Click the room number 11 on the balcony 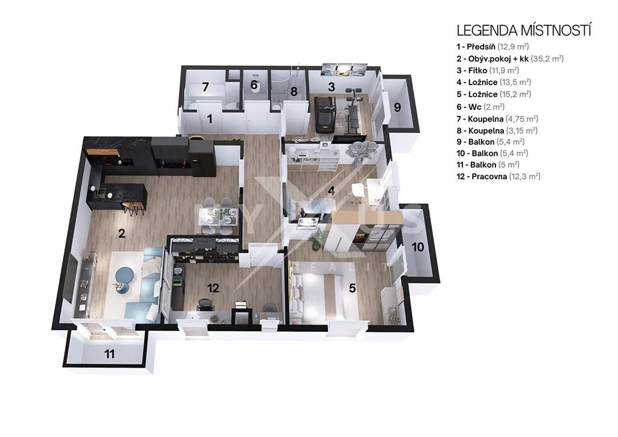point(109,354)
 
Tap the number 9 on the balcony point(397,107)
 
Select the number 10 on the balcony point(418,247)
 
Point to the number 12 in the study point(213,288)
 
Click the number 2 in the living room point(122,233)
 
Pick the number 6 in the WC point(254,85)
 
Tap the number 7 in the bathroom point(205,87)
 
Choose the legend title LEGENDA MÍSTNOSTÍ point(524,30)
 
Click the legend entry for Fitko point(488,71)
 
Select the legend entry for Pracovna point(499,176)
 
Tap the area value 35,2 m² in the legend point(547,59)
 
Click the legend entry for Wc point(481,107)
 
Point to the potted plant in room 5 point(316,240)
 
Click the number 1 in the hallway point(209,118)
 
